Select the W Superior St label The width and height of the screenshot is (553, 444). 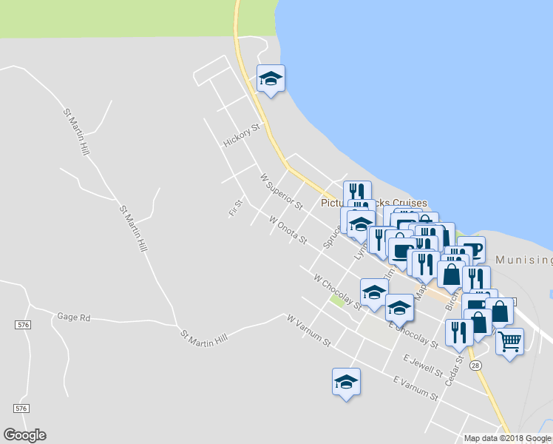point(281,191)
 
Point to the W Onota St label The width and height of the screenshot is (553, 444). point(288,230)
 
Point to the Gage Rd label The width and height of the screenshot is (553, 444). point(73,317)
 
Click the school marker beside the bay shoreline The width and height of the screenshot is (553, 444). point(271,78)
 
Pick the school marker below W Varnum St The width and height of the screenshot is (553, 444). point(346,382)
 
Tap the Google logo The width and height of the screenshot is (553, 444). point(24,435)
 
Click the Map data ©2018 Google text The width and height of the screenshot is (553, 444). point(507,438)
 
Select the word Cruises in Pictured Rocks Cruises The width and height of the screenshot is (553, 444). point(406,203)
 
